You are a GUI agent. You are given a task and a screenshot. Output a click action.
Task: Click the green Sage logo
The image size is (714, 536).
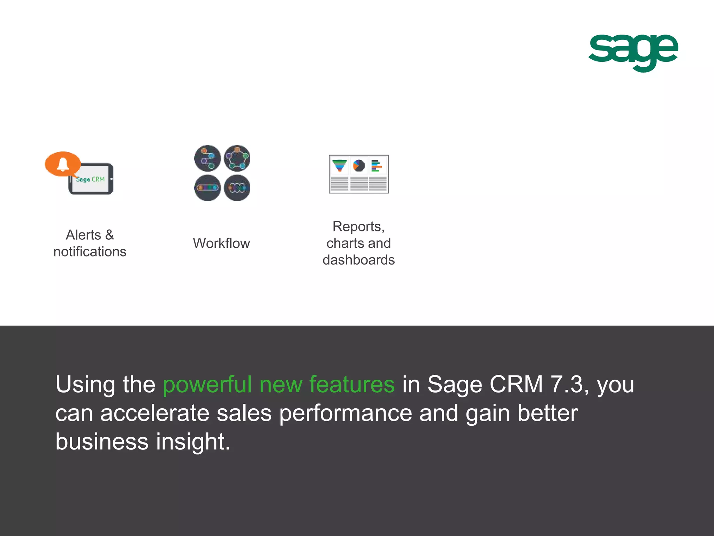pos(633,52)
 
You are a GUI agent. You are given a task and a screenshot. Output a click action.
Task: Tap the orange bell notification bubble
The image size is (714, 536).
pos(63,164)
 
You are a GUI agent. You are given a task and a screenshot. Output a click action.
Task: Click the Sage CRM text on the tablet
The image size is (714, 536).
pos(90,179)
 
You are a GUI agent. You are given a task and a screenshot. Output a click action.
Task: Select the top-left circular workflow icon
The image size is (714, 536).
pos(207,158)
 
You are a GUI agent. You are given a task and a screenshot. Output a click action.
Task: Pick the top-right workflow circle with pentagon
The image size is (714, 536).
pos(237,158)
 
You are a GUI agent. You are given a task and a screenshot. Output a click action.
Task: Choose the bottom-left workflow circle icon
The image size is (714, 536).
pos(207,188)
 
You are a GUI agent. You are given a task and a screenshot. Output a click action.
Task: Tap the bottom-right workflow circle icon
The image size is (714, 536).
pos(237,188)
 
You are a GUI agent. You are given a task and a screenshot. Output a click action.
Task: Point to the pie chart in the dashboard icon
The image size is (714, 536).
pos(358,165)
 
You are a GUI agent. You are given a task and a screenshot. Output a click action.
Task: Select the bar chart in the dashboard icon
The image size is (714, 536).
pos(376,165)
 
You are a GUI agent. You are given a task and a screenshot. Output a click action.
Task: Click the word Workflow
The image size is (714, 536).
pos(221,243)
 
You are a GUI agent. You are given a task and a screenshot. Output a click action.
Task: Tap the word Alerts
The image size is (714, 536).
pos(83,235)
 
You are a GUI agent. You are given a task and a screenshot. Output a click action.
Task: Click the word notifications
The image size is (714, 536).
pos(90,252)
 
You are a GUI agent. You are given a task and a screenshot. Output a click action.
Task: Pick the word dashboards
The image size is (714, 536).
pos(358,260)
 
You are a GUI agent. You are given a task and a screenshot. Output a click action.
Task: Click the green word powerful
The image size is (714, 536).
pos(207,385)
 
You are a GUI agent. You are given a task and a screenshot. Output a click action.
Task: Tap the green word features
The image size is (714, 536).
pos(352,384)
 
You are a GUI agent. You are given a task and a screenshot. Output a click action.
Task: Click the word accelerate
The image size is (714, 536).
pos(154,413)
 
